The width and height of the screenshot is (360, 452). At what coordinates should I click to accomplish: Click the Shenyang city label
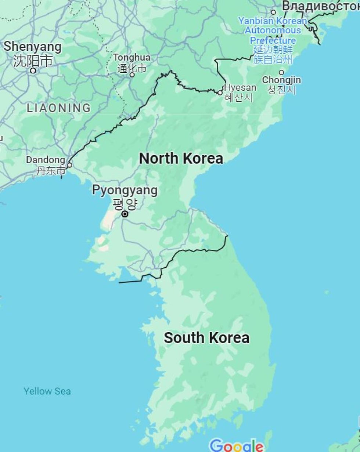tap(32, 47)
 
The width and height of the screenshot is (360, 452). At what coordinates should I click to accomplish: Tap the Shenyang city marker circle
tap(33, 70)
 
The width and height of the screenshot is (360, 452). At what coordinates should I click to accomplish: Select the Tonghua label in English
tap(132, 58)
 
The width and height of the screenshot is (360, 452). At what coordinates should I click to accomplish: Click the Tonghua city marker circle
tap(132, 75)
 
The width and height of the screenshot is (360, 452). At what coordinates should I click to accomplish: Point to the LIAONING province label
tap(59, 108)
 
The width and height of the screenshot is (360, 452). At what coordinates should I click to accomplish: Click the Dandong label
tap(45, 160)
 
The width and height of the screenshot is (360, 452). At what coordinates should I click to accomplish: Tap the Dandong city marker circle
tap(69, 165)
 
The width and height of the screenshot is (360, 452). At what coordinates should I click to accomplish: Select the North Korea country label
tap(181, 158)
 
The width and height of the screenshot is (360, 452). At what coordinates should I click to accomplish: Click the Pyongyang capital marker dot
tap(125, 214)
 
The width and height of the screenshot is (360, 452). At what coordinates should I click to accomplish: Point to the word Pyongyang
tap(125, 190)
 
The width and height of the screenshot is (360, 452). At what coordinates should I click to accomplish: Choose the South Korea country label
tap(206, 337)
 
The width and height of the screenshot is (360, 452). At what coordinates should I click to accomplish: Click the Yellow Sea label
tap(47, 391)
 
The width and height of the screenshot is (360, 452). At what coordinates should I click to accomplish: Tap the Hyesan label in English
tap(240, 88)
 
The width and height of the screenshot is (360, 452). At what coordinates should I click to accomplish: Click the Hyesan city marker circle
tap(220, 93)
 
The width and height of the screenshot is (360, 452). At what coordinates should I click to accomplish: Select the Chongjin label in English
tap(281, 80)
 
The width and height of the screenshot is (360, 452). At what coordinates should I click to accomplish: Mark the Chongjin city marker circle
tap(281, 72)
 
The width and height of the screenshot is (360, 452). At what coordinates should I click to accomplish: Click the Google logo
tap(237, 445)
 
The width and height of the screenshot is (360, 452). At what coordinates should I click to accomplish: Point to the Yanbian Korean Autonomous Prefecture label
tap(273, 30)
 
